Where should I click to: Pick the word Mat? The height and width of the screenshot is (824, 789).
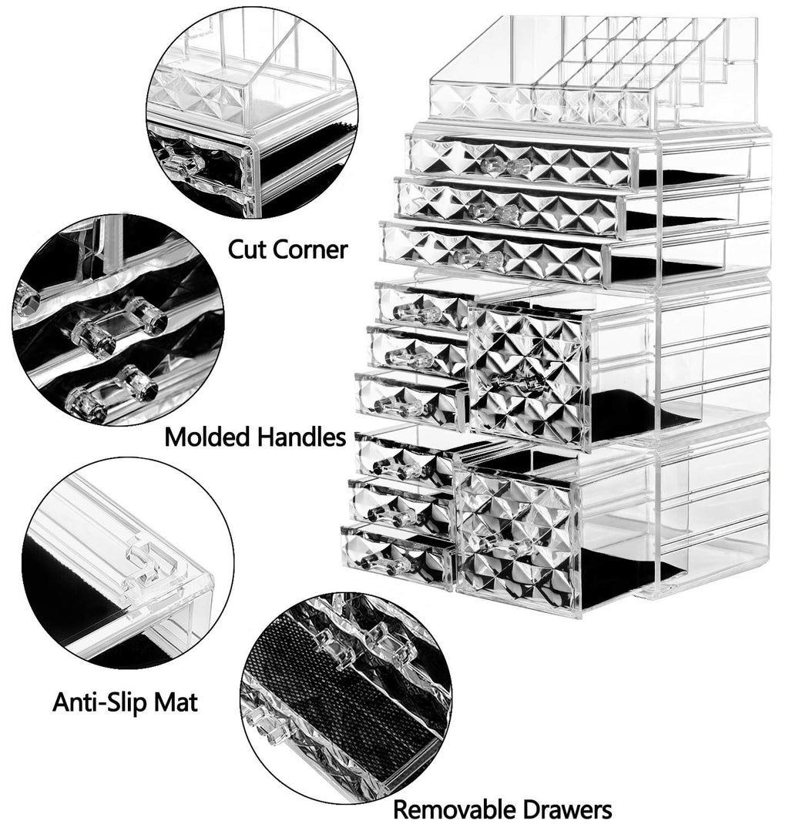point(176,702)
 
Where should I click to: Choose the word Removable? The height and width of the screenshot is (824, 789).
point(452,809)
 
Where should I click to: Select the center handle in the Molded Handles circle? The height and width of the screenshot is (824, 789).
point(117,325)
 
